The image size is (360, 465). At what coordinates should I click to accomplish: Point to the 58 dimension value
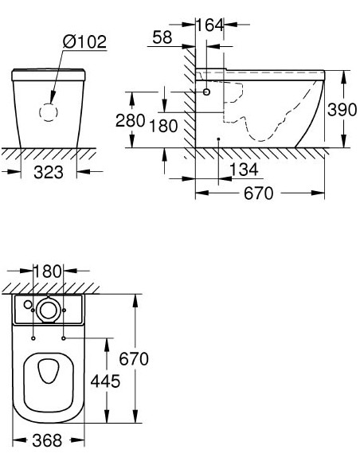pyautogui.click(x=162, y=38)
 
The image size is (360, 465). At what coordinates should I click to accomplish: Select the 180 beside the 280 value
pyautogui.click(x=164, y=126)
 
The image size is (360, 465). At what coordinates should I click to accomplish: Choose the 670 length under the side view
pyautogui.click(x=260, y=193)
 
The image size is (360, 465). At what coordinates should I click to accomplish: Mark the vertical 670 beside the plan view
pyautogui.click(x=134, y=360)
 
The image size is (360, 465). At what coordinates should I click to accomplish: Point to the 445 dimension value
pyautogui.click(x=104, y=381)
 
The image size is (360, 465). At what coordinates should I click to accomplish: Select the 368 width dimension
pyautogui.click(x=49, y=440)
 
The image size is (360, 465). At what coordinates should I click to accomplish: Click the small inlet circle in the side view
pyautogui.click(x=207, y=92)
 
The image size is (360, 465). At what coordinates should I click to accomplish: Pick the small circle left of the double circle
pyautogui.click(x=28, y=304)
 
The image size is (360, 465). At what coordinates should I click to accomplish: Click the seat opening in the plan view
pyautogui.click(x=49, y=380)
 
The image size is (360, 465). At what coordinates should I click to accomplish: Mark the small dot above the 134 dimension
pyautogui.click(x=217, y=139)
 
